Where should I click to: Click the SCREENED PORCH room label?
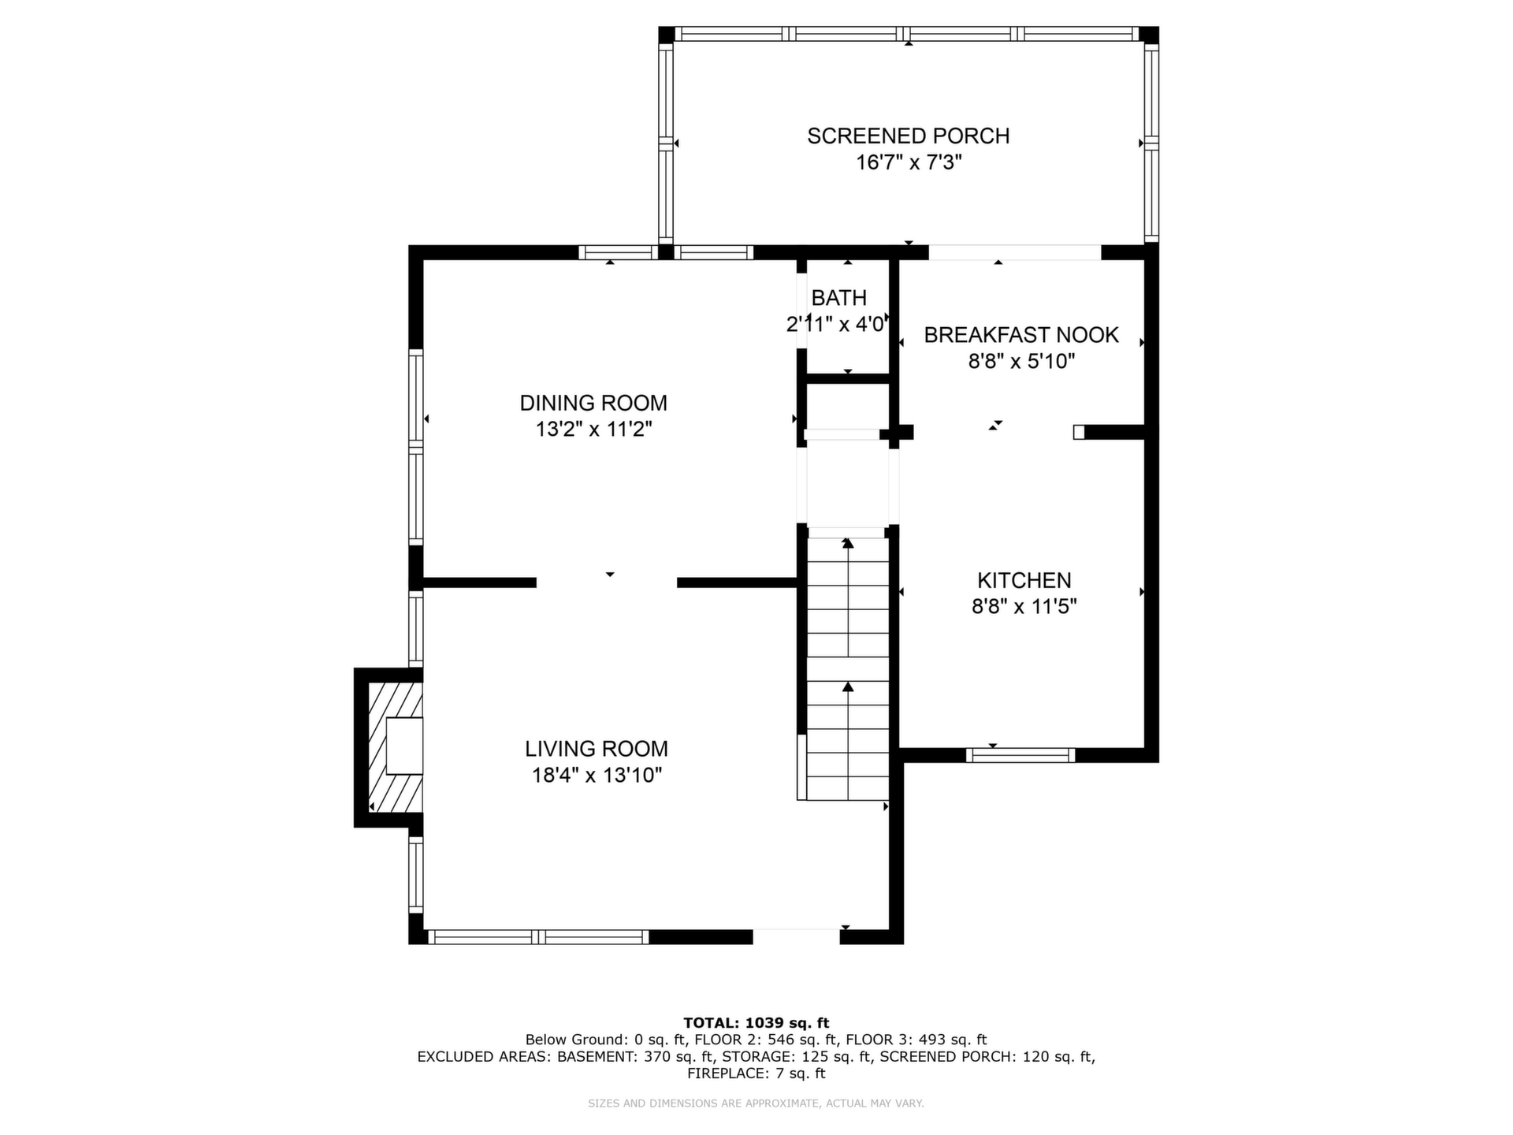pyautogui.click(x=908, y=136)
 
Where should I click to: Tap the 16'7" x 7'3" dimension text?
pyautogui.click(x=909, y=162)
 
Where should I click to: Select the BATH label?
pyautogui.click(x=838, y=298)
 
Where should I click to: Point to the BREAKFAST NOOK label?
pyautogui.click(x=1021, y=335)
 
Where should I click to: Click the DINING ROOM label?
pyautogui.click(x=593, y=403)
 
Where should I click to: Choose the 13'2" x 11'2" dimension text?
pyautogui.click(x=593, y=430)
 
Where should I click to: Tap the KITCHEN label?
pyautogui.click(x=1024, y=580)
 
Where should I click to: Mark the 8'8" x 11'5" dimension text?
pyautogui.click(x=1024, y=606)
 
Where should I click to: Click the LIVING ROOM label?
pyautogui.click(x=597, y=749)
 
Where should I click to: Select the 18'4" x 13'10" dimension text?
pyautogui.click(x=597, y=775)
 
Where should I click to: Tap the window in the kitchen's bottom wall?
pyautogui.click(x=1020, y=755)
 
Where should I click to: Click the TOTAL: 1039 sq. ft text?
pyautogui.click(x=756, y=1023)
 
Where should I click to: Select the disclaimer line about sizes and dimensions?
pyautogui.click(x=756, y=1103)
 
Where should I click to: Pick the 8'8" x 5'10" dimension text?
pyautogui.click(x=1021, y=362)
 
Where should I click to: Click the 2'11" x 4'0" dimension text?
pyautogui.click(x=838, y=324)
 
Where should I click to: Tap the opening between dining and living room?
pyautogui.click(x=607, y=582)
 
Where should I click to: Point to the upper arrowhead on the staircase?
pyautogui.click(x=848, y=542)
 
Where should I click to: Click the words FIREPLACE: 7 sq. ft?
pyautogui.click(x=756, y=1074)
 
